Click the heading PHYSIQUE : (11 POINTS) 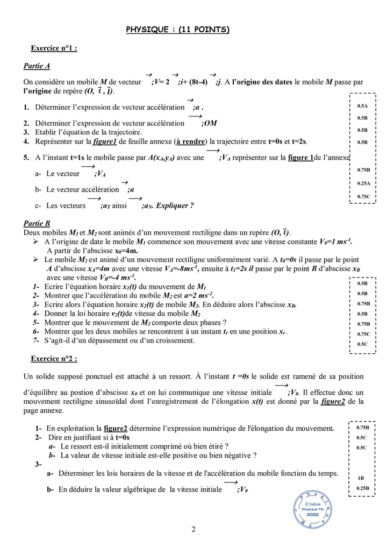tap(177, 30)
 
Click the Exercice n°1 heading tap(54, 48)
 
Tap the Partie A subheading tap(37, 66)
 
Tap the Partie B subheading tap(37, 223)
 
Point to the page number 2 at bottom tap(193, 530)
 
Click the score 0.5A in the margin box tap(362, 106)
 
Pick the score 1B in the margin tap(361, 478)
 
